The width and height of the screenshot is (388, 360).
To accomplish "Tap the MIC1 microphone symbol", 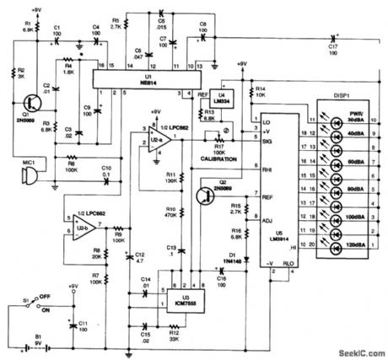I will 26,175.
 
